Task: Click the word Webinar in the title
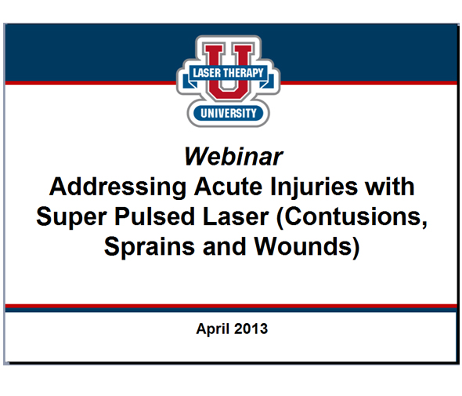233,156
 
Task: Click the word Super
71,217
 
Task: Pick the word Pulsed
153,217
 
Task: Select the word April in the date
214,329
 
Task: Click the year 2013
251,329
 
